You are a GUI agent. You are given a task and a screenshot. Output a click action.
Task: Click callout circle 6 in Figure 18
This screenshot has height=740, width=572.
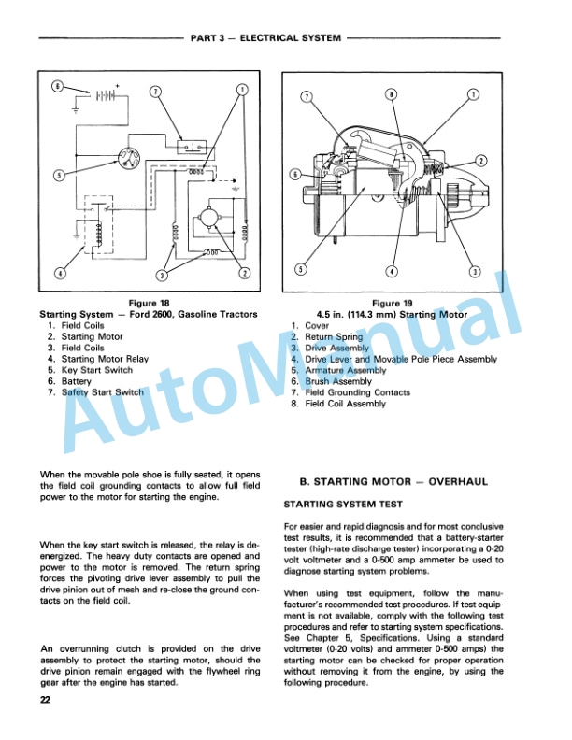pyautogui.click(x=57, y=87)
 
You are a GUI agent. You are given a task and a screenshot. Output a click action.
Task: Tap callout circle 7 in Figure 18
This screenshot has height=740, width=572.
pyautogui.click(x=155, y=91)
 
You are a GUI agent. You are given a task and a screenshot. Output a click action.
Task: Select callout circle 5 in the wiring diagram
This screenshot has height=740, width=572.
pyautogui.click(x=59, y=175)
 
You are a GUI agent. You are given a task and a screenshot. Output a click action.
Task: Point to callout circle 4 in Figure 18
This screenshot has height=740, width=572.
pyautogui.click(x=60, y=273)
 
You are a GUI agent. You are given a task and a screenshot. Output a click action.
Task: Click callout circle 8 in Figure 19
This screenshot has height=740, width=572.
pyautogui.click(x=391, y=94)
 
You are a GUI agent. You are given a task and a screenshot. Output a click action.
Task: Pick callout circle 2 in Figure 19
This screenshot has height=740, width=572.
pyautogui.click(x=481, y=161)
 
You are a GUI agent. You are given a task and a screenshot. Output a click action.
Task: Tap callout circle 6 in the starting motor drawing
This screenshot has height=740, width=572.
pyautogui.click(x=295, y=175)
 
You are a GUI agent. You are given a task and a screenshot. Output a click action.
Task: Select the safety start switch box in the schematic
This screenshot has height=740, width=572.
pyautogui.click(x=193, y=147)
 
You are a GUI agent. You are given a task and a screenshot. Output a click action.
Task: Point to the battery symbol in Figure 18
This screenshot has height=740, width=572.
pyautogui.click(x=104, y=96)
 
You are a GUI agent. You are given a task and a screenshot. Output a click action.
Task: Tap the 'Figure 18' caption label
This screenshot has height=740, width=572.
pyautogui.click(x=149, y=303)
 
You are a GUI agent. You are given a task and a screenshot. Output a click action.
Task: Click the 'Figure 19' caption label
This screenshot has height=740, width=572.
pyautogui.click(x=393, y=303)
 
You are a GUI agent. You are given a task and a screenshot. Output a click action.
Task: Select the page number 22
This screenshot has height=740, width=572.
pyautogui.click(x=45, y=700)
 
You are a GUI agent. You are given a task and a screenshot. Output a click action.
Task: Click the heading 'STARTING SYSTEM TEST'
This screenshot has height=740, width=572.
pyautogui.click(x=343, y=505)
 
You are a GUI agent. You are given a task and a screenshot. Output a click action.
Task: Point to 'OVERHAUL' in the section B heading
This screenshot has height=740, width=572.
pyautogui.click(x=458, y=482)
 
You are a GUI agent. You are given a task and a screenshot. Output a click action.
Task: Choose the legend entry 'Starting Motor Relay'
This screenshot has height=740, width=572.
pyautogui.click(x=105, y=359)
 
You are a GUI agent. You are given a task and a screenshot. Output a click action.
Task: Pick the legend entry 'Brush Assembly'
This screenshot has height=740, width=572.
pyautogui.click(x=338, y=381)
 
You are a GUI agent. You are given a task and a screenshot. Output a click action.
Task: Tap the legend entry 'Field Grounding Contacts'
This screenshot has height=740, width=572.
pyautogui.click(x=357, y=392)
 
